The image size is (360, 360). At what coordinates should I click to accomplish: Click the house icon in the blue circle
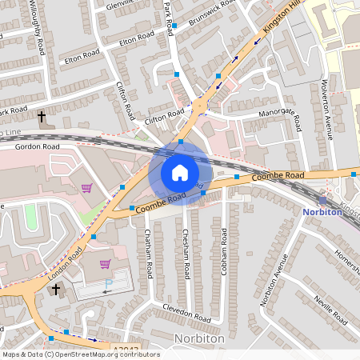pyautogui.click(x=180, y=172)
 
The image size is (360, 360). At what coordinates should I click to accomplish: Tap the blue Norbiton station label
pyautogui.click(x=323, y=212)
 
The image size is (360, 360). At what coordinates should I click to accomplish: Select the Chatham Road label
pyautogui.click(x=148, y=253)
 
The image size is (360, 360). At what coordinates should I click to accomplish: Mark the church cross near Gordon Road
pyautogui.click(x=42, y=117)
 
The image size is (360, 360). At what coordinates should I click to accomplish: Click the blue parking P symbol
pyautogui.click(x=110, y=284)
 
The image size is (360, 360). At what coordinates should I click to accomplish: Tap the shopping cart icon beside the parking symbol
pyautogui.click(x=105, y=263)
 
